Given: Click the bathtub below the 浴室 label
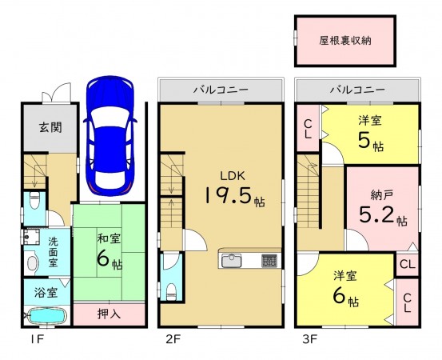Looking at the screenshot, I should click(x=44, y=316).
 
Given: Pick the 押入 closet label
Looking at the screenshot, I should click(x=110, y=314).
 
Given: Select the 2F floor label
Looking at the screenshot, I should click(x=173, y=338).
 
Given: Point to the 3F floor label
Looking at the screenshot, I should click(x=310, y=338).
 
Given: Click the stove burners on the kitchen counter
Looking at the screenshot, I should click(x=269, y=261).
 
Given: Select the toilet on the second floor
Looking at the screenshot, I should click(x=169, y=278).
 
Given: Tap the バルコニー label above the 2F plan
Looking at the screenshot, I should click(x=220, y=90).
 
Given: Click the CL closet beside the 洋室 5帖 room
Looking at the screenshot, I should click(x=308, y=128).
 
